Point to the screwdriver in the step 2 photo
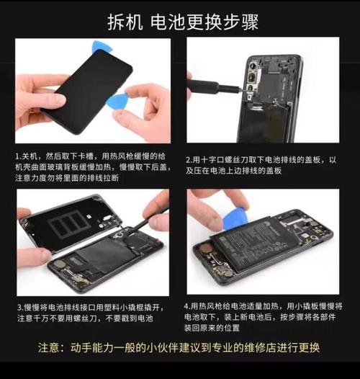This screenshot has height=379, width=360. pos(216,89)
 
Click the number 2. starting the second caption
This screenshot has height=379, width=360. pos(189,160)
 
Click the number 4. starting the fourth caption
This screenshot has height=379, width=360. pos(188,306)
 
